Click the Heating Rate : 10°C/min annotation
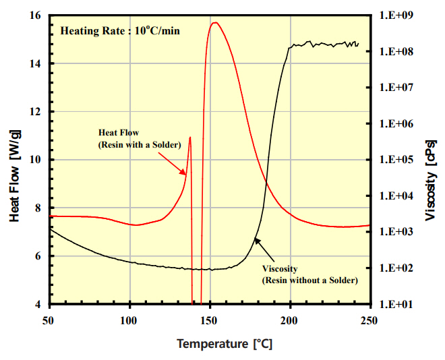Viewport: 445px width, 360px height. point(120,30)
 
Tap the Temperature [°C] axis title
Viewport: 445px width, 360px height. point(225,344)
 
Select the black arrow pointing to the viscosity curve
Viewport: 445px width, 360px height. point(266,251)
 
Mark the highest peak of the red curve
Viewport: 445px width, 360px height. point(214,23)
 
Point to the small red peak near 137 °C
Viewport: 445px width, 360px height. point(190,138)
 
